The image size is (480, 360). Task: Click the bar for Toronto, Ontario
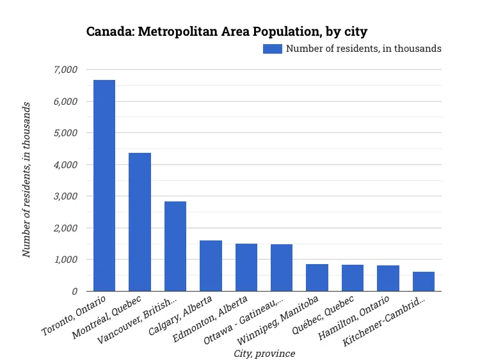104,185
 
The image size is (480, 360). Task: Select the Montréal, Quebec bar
140,222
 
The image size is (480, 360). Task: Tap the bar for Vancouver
175,246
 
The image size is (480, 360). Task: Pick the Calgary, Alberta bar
211,266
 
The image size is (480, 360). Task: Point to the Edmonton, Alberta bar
246,267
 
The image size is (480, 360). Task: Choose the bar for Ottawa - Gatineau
282,268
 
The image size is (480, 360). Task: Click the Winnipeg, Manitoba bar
317,278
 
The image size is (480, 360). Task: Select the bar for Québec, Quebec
353,278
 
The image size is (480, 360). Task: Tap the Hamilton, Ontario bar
388,278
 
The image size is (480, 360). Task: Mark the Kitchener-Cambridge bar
424,281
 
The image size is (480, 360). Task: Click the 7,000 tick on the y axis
65,70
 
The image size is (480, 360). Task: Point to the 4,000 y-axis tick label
65,165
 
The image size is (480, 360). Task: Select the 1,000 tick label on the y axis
65,260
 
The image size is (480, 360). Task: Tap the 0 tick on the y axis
74,292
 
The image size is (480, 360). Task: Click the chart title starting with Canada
227,31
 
